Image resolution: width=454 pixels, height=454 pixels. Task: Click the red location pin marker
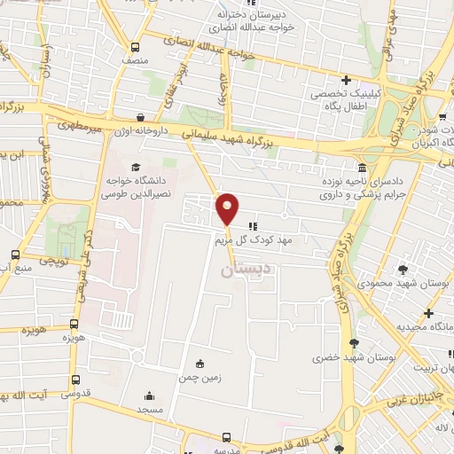[228, 209]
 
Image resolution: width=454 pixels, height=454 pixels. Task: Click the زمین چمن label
[200, 376]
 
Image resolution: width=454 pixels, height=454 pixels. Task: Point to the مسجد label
[149, 411]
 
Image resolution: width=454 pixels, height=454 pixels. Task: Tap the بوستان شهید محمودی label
[403, 284]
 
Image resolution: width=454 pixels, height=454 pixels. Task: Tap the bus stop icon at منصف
[135, 47]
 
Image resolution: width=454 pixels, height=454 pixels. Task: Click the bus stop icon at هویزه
[74, 324]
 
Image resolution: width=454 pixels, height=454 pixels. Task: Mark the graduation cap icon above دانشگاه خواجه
[135, 167]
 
